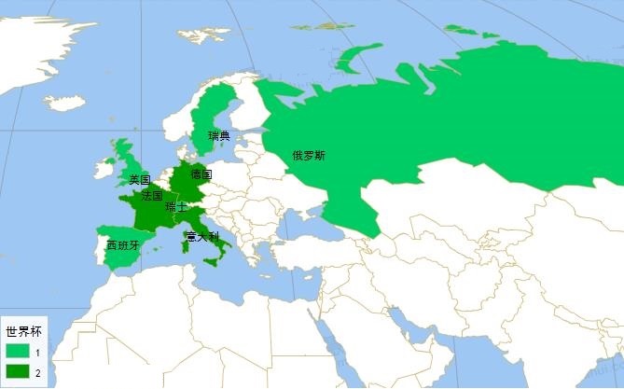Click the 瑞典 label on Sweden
click(219, 136)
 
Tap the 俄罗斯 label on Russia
click(309, 156)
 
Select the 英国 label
click(140, 179)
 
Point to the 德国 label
click(201, 174)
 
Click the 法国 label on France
click(152, 197)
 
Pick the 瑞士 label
click(174, 207)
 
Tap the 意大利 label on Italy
click(202, 236)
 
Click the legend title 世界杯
click(23, 331)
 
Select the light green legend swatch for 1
click(18, 353)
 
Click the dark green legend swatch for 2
click(18, 373)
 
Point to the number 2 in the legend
click(37, 373)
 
